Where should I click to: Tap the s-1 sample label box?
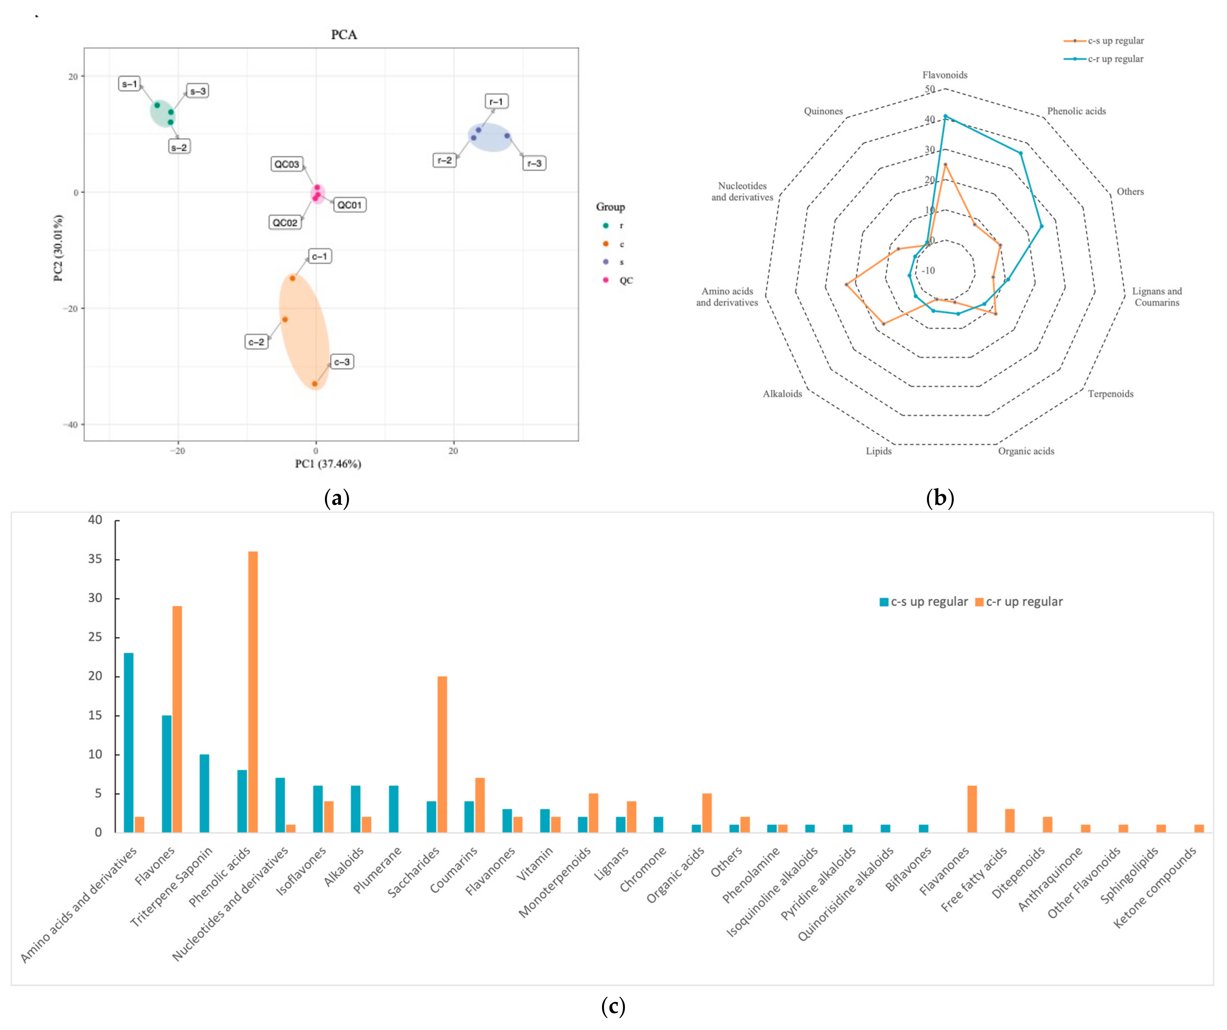(129, 84)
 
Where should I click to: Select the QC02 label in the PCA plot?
(285, 222)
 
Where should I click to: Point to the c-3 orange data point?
(314, 384)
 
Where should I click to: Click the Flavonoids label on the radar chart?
(944, 75)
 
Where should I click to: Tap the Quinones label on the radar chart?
(823, 111)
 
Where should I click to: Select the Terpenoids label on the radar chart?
(1110, 394)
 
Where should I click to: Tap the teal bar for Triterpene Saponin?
(204, 793)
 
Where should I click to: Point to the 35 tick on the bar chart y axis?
(95, 559)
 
